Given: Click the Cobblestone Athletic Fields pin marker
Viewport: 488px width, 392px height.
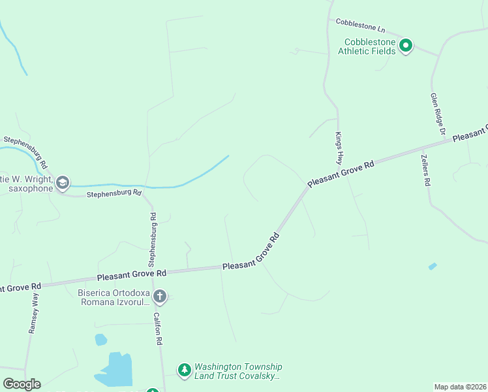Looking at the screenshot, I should pyautogui.click(x=405, y=46).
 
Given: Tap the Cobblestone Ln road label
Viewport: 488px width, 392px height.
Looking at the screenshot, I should pyautogui.click(x=361, y=26).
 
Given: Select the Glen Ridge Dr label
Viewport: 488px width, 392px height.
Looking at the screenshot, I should pyautogui.click(x=437, y=114).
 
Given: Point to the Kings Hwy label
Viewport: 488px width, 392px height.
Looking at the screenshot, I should pyautogui.click(x=339, y=148).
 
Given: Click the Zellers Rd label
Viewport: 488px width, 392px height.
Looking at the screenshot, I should pyautogui.click(x=425, y=171).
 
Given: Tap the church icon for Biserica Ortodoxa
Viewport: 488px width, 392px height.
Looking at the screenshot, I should pyautogui.click(x=159, y=297).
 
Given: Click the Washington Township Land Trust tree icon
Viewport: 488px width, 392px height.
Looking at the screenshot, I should pyautogui.click(x=185, y=370).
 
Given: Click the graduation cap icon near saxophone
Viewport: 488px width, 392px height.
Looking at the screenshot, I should pyautogui.click(x=63, y=182).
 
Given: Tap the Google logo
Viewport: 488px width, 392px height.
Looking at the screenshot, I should pyautogui.click(x=22, y=384).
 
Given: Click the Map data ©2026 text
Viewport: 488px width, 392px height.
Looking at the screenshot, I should pyautogui.click(x=460, y=386).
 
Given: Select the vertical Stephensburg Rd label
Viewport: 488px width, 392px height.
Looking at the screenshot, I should pyautogui.click(x=151, y=240).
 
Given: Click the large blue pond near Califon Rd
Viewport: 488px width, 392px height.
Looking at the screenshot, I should pyautogui.click(x=117, y=370).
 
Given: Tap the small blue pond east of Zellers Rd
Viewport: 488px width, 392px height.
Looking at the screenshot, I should pyautogui.click(x=432, y=267).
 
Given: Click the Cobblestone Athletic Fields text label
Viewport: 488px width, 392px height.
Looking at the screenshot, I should pyautogui.click(x=370, y=46).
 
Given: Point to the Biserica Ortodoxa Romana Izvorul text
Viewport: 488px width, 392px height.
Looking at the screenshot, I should pyautogui.click(x=114, y=297).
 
